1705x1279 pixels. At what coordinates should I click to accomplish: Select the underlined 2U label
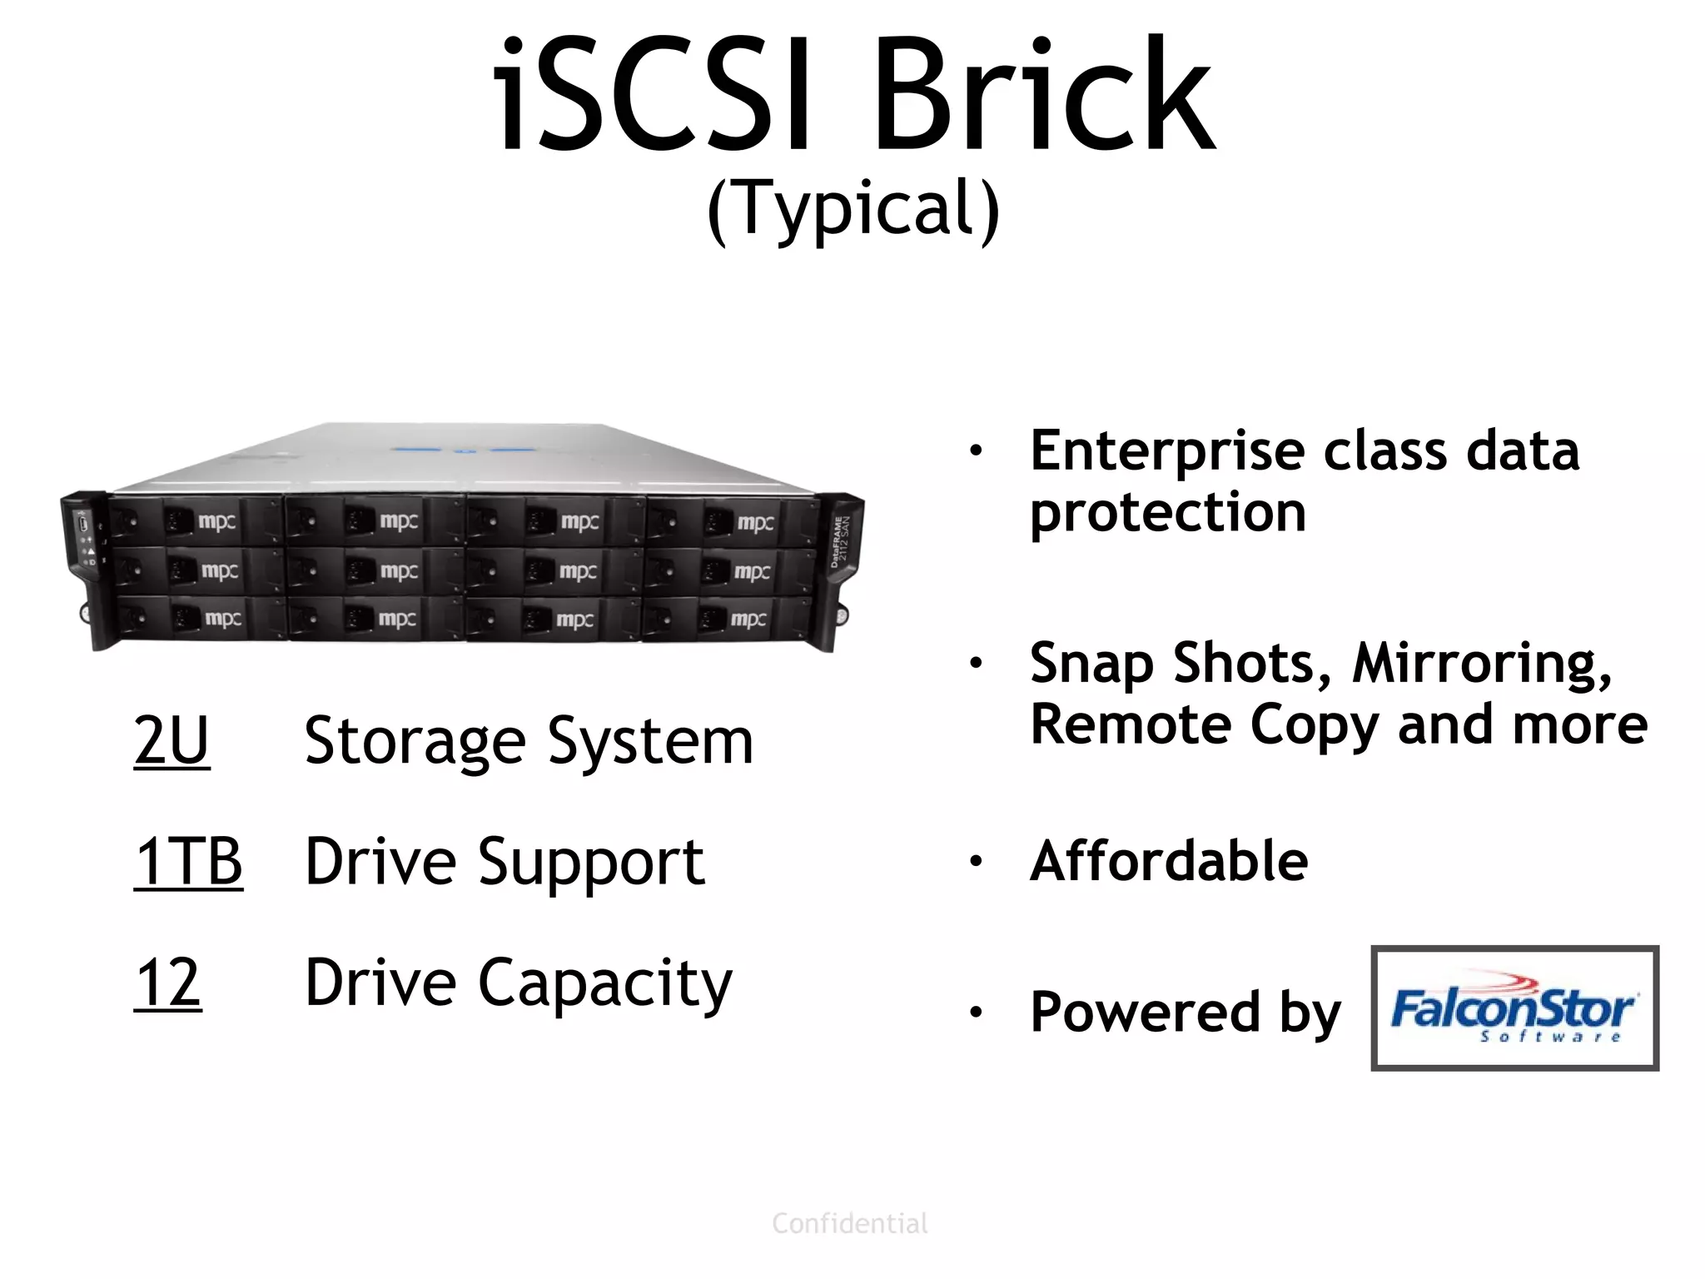[171, 740]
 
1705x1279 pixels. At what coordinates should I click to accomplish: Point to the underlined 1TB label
[188, 861]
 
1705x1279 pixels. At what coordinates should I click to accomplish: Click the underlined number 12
[167, 983]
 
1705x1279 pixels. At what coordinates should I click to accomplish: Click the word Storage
[415, 741]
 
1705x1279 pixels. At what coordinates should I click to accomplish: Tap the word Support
[591, 863]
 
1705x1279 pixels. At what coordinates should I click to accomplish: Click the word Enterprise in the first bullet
[1169, 452]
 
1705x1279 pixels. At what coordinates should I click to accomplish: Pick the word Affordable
[1169, 861]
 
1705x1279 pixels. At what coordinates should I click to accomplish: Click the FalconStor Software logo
[1514, 1008]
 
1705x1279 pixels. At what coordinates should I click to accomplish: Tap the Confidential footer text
[850, 1223]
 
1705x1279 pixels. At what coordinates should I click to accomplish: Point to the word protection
[1168, 513]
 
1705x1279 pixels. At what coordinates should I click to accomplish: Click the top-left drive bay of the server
[196, 521]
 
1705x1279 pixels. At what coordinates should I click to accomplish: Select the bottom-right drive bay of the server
[726, 619]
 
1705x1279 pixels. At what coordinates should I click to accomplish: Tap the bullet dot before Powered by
[976, 1012]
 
